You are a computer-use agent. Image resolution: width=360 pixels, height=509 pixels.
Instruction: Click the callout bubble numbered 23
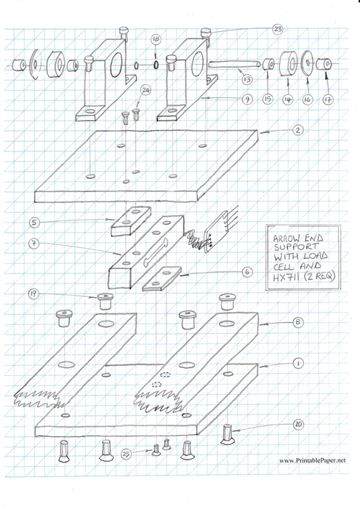tap(277, 29)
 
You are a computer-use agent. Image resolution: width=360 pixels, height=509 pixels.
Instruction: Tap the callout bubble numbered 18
tap(156, 39)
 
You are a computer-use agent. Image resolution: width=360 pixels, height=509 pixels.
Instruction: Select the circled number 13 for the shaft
tap(247, 79)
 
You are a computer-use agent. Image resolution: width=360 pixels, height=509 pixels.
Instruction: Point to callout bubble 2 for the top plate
tap(298, 130)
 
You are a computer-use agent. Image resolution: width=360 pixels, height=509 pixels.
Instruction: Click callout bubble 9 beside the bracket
tap(247, 99)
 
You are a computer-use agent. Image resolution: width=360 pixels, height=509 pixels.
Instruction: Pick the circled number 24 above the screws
tap(145, 90)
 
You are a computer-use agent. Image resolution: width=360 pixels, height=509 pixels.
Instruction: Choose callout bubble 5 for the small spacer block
tap(34, 223)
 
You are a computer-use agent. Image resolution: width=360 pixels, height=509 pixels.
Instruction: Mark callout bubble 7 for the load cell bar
tap(34, 243)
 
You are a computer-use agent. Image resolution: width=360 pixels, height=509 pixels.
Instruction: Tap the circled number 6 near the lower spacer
tap(247, 272)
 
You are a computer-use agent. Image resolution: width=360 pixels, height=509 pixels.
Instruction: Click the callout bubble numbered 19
tap(33, 294)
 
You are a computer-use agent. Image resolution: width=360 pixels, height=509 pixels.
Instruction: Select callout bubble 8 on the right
tap(298, 322)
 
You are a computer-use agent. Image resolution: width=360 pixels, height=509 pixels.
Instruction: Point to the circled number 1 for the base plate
tap(298, 364)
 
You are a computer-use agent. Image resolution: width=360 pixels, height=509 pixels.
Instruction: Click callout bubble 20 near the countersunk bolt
tap(298, 425)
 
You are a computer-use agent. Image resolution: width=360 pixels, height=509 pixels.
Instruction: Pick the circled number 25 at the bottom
tap(127, 454)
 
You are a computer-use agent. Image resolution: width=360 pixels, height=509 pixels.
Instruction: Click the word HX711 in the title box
tap(284, 278)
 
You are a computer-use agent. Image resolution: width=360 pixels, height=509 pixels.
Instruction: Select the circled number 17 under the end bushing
tap(328, 100)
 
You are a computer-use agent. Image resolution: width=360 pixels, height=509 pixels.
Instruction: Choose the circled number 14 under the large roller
tap(287, 100)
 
